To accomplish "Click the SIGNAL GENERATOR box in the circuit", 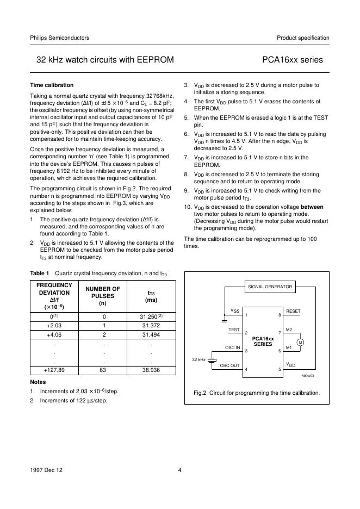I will pyautogui.click(x=270, y=287).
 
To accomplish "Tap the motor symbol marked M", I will pyautogui.click(x=300, y=342).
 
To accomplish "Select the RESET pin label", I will pyautogui.click(x=293, y=311).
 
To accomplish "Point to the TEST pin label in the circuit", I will pyautogui.click(x=234, y=330).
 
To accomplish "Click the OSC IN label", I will pyautogui.click(x=232, y=347).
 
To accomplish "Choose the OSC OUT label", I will pyautogui.click(x=229, y=365).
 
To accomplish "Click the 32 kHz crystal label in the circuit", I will pyautogui.click(x=198, y=359).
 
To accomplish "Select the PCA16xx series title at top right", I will pyautogui.click(x=292, y=60).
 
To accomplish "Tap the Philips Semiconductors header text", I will pyautogui.click(x=59, y=38).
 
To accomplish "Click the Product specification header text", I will pyautogui.click(x=303, y=38).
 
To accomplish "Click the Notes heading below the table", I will pyautogui.click(x=38, y=382).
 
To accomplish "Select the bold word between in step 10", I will pyautogui.click(x=312, y=207).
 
